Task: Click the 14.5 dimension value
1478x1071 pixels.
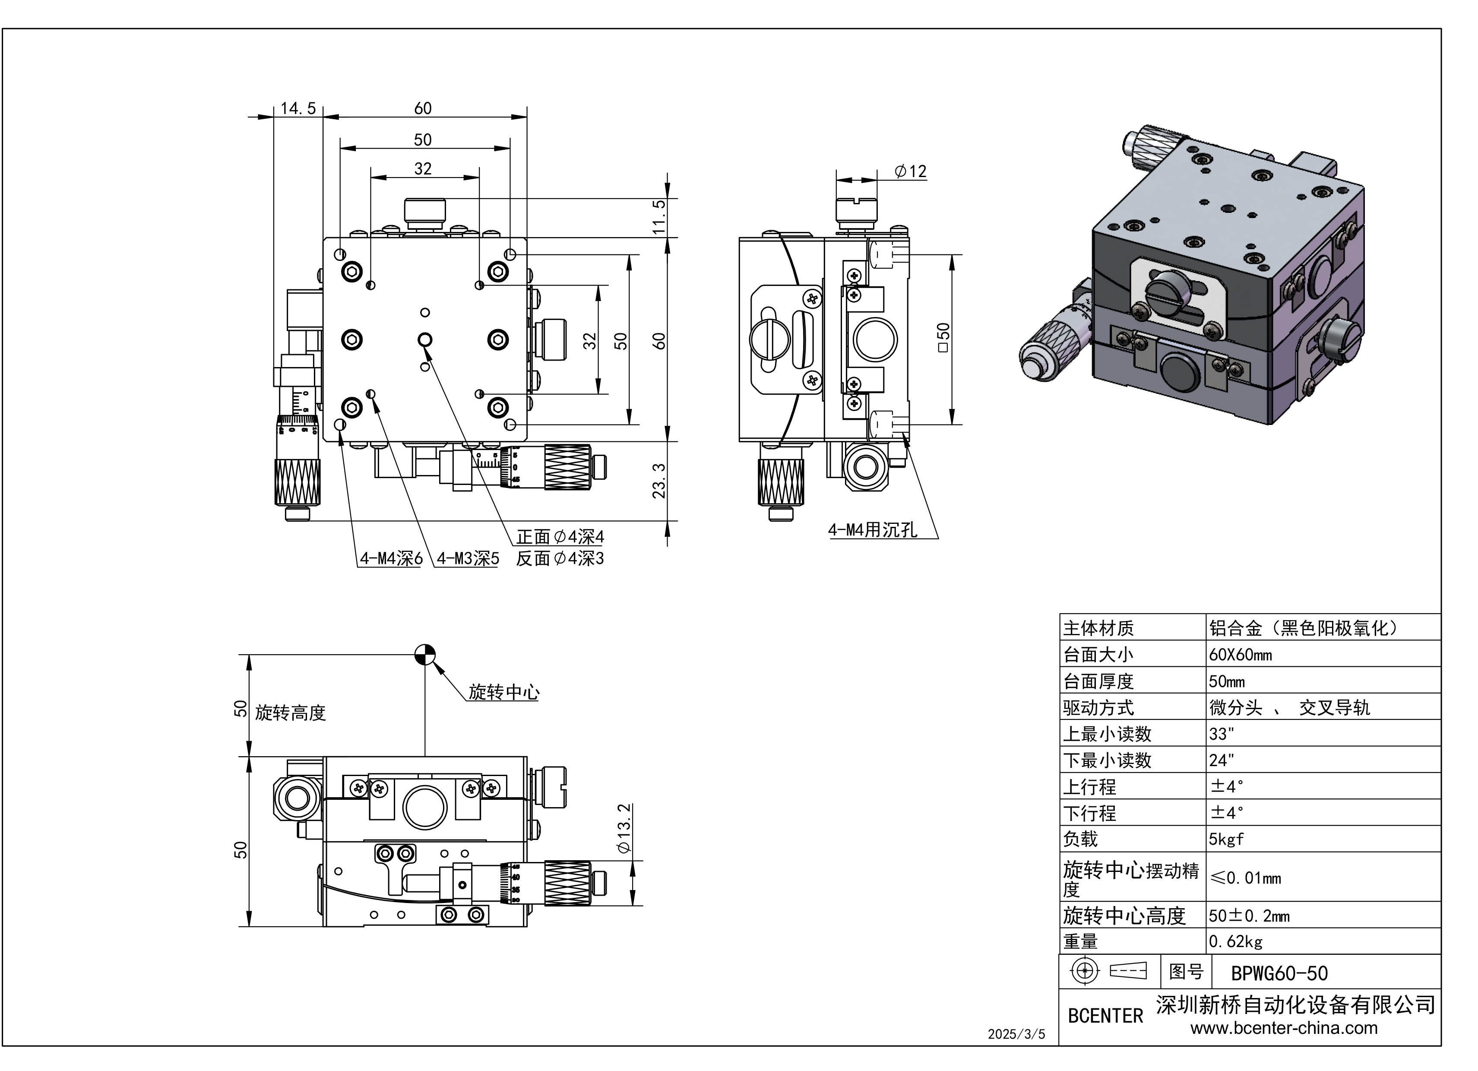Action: point(298,108)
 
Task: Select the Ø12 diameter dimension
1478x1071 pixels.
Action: point(910,171)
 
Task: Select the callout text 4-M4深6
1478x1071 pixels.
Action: point(391,559)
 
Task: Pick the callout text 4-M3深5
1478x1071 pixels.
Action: point(467,559)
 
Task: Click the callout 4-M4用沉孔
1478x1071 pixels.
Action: point(872,530)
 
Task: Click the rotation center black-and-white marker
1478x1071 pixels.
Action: point(425,654)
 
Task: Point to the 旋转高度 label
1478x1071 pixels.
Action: point(290,713)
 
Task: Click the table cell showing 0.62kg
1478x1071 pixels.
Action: point(1236,942)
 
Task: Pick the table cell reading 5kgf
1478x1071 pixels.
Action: point(1226,839)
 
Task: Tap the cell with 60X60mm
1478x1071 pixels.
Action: point(1240,654)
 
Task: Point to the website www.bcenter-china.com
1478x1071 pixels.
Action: point(1284,1028)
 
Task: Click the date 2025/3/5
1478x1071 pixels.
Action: point(1016,1034)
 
